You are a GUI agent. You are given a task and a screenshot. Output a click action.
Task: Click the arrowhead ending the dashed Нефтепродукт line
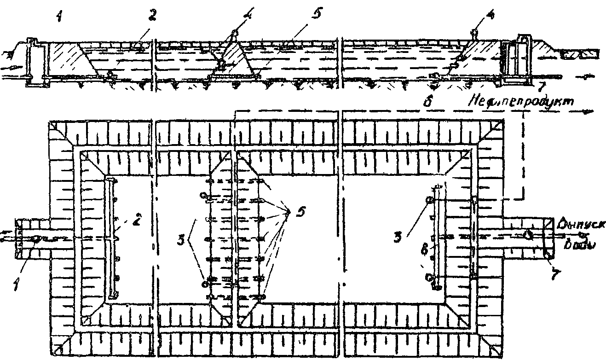(x=590, y=111)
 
